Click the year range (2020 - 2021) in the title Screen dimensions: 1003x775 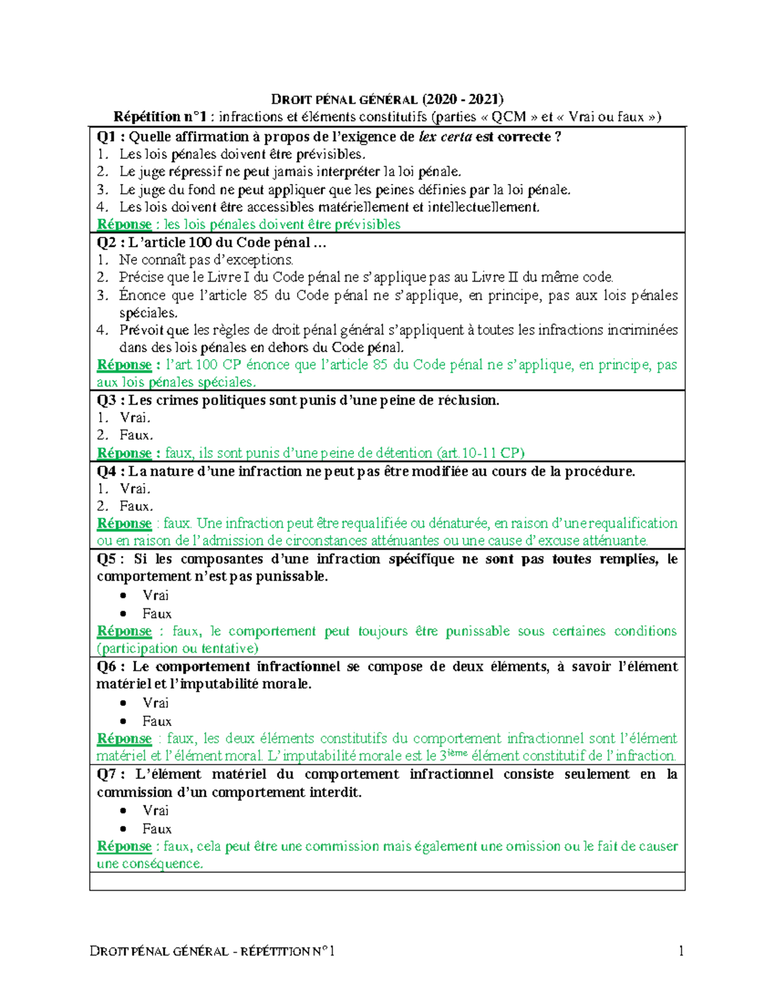pos(462,99)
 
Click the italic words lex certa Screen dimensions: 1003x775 pos(445,137)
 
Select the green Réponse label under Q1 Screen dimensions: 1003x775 pos(124,225)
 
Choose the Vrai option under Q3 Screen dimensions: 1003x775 pos(134,418)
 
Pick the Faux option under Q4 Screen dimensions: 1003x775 pos(136,506)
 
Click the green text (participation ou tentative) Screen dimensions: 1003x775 pos(178,648)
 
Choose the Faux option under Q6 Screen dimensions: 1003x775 pos(157,721)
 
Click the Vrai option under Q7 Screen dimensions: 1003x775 pos(156,811)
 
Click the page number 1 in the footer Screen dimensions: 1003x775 pos(681,951)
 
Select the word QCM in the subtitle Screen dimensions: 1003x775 pos(508,117)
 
